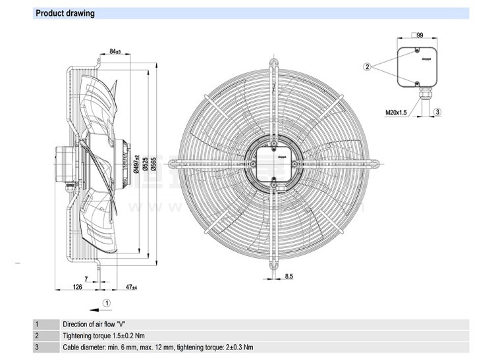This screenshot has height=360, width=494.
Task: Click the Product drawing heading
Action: (65, 13)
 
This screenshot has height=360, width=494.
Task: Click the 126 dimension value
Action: (76, 287)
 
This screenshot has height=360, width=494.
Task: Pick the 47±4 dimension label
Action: (130, 287)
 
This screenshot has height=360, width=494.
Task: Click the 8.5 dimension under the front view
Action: (288, 277)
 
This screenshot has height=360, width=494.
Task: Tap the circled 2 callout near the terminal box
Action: (368, 66)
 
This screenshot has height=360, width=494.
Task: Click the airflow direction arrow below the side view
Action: (96, 307)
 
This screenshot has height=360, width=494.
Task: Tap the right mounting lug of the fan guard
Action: (373, 161)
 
